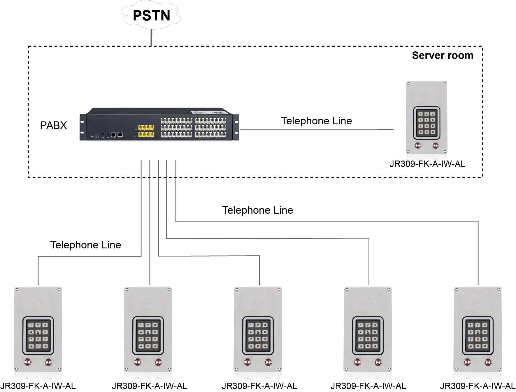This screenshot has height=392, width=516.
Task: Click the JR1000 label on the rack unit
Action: pos(94,136)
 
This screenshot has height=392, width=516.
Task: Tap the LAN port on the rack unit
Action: pos(120,134)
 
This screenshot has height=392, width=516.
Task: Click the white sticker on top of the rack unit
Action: pos(198,112)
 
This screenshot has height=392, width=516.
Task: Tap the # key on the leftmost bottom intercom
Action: pos(45,346)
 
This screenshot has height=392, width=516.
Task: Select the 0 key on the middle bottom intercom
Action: pos(258,346)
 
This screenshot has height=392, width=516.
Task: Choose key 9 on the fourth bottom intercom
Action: pos(375,339)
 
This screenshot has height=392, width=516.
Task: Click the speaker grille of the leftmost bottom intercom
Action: pos(38,304)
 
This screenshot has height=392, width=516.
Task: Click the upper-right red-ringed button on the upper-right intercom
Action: pos(436,145)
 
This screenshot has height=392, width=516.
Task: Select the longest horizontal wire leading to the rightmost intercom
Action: pos(327,220)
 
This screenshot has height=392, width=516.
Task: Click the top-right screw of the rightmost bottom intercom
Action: pos(499,289)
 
